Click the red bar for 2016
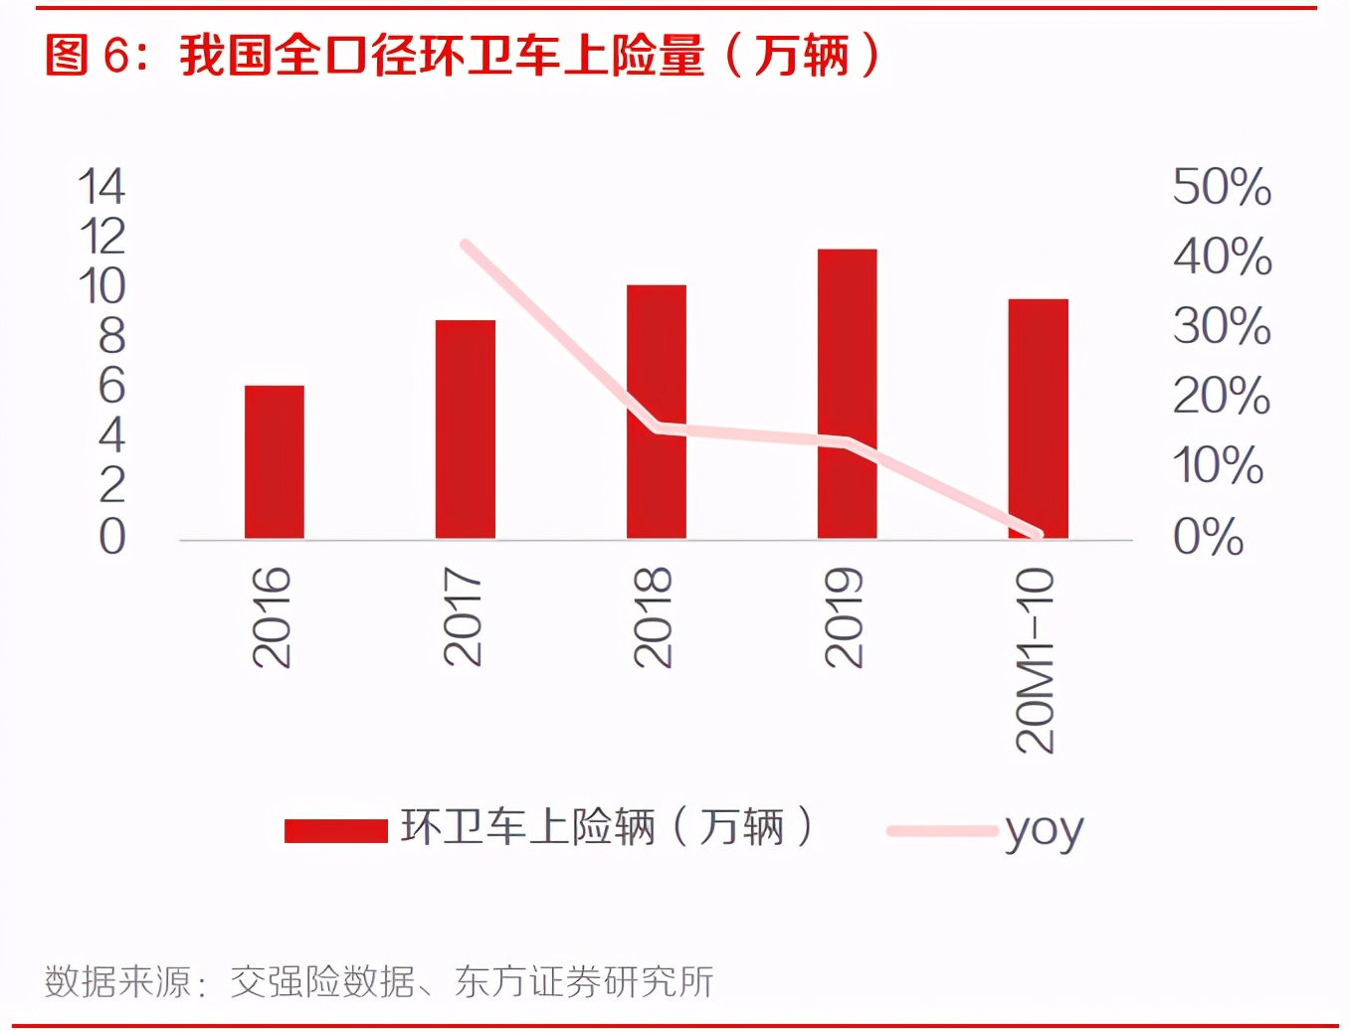274,462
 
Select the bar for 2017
465,429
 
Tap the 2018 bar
656,412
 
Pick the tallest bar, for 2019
847,394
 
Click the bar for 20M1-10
1038,419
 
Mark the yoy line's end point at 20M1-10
1038,534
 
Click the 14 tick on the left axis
101,187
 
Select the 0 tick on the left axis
111,537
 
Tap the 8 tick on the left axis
111,337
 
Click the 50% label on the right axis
1222,187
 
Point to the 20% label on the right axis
1222,396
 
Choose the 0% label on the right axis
1208,537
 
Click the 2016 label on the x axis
272,616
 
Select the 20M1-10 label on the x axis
1035,660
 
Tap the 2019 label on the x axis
845,616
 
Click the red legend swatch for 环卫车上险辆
335,830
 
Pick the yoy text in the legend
1044,829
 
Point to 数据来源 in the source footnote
117,982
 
